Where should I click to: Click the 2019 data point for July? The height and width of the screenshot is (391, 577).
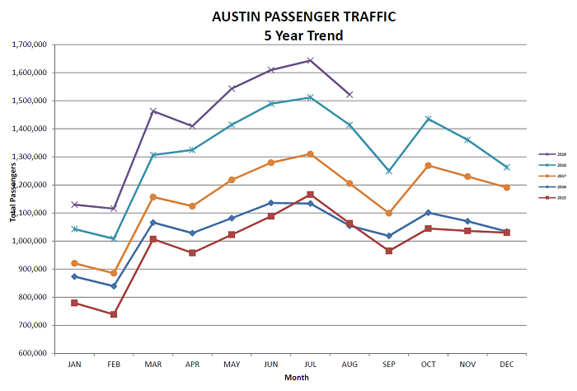(310, 60)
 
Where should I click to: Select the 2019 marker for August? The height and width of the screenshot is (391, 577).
(349, 95)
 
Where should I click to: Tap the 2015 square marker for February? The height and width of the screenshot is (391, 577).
(114, 314)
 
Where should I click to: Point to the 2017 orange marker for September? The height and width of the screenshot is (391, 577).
(389, 213)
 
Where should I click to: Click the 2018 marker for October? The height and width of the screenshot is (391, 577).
(428, 119)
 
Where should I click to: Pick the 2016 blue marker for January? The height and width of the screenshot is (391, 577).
(74, 276)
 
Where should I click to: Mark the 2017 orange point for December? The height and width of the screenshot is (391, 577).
(507, 187)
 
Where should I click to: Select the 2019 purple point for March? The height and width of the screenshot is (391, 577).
(153, 111)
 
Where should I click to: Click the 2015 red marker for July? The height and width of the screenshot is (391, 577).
(310, 195)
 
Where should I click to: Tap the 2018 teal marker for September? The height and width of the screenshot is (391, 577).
(389, 171)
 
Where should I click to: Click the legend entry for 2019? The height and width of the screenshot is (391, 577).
(548, 153)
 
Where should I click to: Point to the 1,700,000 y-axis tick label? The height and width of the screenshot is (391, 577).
(29, 45)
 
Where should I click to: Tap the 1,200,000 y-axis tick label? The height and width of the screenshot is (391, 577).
(29, 185)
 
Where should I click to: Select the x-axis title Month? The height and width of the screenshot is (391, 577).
(297, 377)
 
